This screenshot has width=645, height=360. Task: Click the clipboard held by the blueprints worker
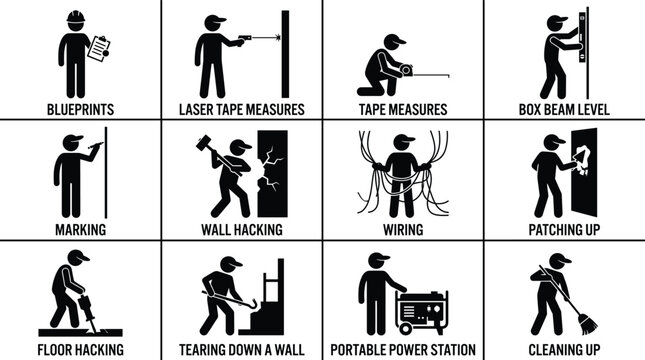pos(98,49)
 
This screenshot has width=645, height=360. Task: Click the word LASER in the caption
pos(197,108)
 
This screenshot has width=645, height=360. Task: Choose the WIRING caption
pos(403,229)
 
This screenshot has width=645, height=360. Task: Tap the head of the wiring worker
pos(403,142)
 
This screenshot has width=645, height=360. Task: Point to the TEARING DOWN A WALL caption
pos(241,349)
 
